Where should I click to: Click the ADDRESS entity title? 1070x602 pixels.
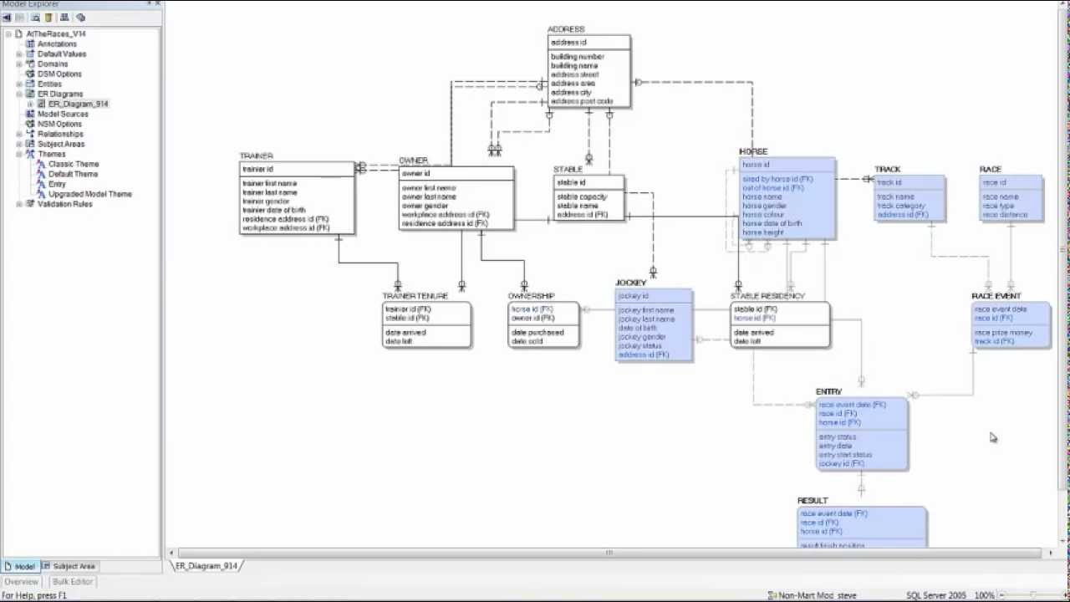coord(566,29)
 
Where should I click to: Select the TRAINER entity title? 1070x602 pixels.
coord(256,156)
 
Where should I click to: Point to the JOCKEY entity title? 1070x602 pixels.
coord(631,283)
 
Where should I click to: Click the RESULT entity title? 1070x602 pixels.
coord(813,501)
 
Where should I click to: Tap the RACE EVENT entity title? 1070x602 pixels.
coord(996,296)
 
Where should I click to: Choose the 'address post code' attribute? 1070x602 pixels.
coord(581,102)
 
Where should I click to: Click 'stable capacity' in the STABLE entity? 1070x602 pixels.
coord(582,196)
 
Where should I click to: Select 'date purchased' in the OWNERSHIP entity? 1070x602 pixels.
coord(538,333)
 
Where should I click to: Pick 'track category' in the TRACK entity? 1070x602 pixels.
coord(901,206)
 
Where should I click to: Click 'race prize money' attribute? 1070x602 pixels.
coord(1003,333)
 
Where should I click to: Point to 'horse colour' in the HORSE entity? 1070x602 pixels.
coord(762,215)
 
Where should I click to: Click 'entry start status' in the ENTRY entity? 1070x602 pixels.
coord(845,455)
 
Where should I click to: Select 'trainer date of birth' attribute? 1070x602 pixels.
coord(273,210)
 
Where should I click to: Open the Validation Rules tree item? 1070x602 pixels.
coord(64,204)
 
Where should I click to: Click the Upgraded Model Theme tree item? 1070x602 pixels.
coord(89,194)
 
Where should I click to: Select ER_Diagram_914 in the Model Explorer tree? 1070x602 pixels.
coord(78,104)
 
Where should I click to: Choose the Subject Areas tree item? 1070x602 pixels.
coord(60,144)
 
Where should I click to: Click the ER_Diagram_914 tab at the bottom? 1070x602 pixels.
coord(206,566)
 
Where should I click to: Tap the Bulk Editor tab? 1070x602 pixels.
coord(73,582)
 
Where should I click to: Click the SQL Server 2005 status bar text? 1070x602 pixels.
coord(935,595)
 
